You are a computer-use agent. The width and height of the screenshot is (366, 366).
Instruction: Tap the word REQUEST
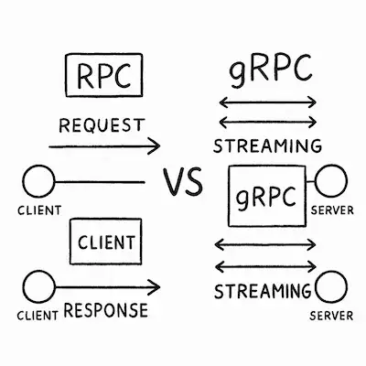click(x=102, y=123)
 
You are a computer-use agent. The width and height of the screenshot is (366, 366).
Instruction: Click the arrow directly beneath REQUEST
click(x=104, y=145)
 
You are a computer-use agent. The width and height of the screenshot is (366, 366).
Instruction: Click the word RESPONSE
click(x=106, y=310)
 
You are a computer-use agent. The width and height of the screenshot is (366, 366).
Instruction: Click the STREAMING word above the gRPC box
click(x=266, y=145)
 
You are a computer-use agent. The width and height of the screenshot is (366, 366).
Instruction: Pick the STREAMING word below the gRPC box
click(x=262, y=292)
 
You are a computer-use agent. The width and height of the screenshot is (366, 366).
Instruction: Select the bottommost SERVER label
click(x=331, y=317)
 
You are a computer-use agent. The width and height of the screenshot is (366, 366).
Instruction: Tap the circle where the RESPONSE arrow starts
click(x=36, y=287)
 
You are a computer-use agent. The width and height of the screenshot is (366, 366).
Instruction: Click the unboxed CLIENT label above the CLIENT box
click(x=38, y=211)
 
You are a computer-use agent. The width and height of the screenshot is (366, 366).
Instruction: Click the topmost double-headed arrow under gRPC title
click(x=266, y=103)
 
